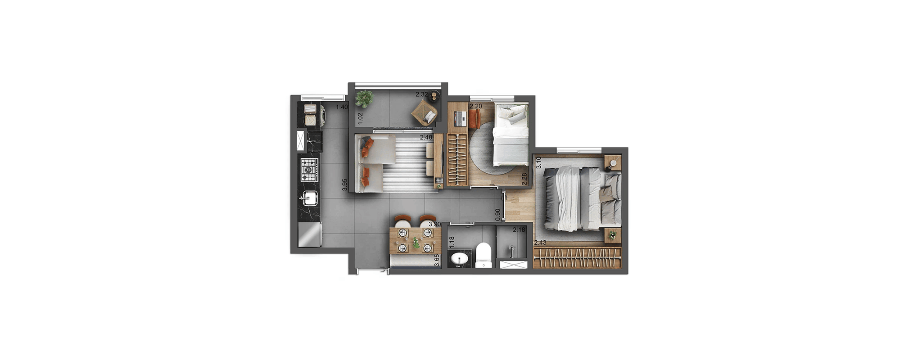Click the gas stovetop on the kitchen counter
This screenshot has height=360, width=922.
coord(309,170)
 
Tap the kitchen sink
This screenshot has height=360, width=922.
coord(310,198)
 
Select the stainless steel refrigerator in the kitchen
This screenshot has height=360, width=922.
coord(310,234)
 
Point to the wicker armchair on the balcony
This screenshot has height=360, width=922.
coord(425,112)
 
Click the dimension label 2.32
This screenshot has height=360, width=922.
coord(422,94)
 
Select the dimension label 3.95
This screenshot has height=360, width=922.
coord(345,185)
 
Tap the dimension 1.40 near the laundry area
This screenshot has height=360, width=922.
coord(342,107)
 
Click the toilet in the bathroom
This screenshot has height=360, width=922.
coord(484,256)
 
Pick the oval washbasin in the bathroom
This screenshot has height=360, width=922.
coord(460,259)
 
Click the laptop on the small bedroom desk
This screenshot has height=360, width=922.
coord(460,118)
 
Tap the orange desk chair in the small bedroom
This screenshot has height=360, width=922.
coord(474,119)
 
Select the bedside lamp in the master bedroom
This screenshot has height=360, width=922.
coord(613,162)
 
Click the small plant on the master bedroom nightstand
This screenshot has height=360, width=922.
coord(612,235)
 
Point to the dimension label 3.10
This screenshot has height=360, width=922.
coord(539,162)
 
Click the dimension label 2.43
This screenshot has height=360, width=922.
coord(540,243)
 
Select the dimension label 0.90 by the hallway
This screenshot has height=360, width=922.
coord(497,214)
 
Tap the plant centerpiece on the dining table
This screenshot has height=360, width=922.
coord(416,243)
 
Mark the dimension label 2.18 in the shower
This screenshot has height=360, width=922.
coord(519,230)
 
